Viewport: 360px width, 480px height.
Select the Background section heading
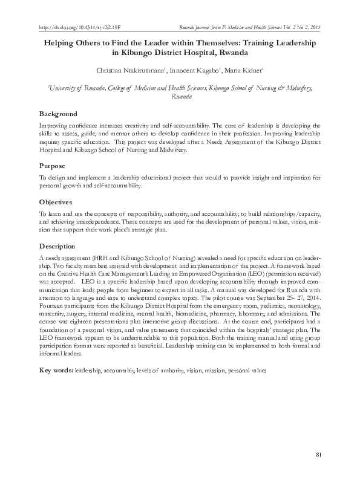(x=58, y=114)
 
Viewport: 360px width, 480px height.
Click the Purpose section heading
(x=53, y=165)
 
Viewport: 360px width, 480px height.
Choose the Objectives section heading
(x=56, y=201)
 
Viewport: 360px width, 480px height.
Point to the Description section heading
(x=57, y=246)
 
